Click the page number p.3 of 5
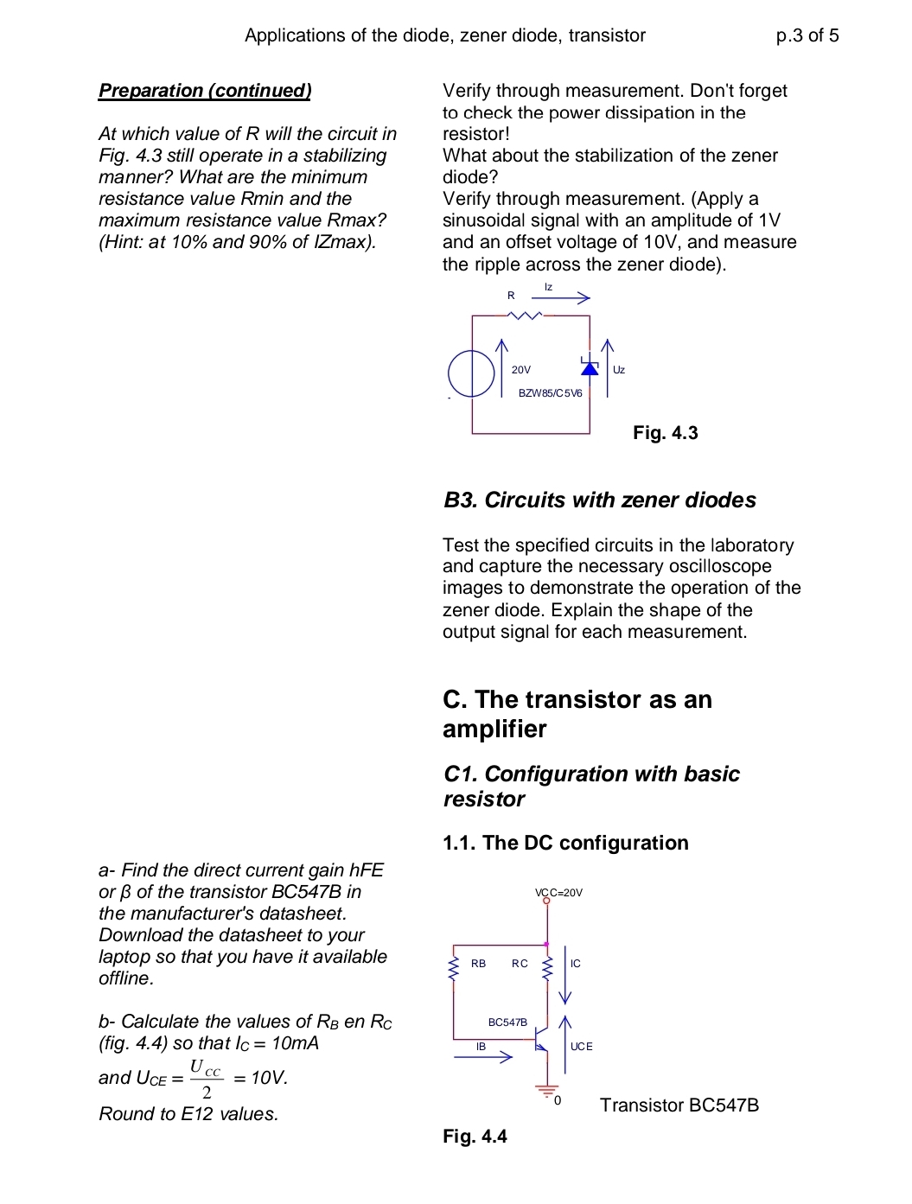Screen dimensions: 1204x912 [807, 35]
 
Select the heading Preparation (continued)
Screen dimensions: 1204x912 [205, 91]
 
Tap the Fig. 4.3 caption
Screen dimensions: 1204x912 [665, 433]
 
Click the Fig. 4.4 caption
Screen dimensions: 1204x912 [475, 1137]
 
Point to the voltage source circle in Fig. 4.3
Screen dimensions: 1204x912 [471, 373]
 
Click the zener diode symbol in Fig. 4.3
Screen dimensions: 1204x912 [590, 367]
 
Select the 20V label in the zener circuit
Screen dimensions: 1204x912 [521, 370]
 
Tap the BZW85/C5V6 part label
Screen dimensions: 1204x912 [550, 393]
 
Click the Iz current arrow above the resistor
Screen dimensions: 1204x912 [560, 298]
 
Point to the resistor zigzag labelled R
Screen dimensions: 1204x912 [526, 315]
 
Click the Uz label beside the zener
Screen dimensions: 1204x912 [619, 370]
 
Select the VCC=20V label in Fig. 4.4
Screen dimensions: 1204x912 [558, 893]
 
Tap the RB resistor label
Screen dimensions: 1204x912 [478, 964]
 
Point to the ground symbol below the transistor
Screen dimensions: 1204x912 [546, 1091]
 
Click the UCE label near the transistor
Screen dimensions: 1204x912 [582, 1047]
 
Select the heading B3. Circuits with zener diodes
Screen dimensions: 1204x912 [599, 500]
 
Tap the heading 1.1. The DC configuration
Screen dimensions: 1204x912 [565, 843]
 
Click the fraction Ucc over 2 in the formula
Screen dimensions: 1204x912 [206, 1079]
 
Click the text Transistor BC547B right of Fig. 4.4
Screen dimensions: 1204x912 [679, 1105]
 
